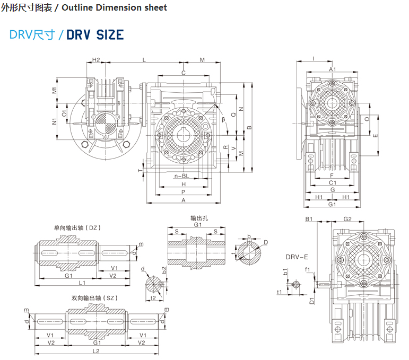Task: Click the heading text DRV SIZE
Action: tap(95, 35)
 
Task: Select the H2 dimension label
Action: tap(96, 60)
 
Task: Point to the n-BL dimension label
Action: tap(181, 175)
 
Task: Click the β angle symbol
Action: tap(223, 119)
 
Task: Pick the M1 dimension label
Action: tap(55, 90)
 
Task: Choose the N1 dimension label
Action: tap(55, 121)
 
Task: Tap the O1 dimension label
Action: tap(64, 112)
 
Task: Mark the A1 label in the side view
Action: tap(333, 69)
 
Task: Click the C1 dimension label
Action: tap(332, 182)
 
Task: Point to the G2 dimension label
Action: tap(348, 219)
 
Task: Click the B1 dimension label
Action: tap(309, 219)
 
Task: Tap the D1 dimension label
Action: tap(312, 301)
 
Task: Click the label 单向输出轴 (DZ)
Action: tap(77, 227)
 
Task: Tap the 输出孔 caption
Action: tap(198, 218)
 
